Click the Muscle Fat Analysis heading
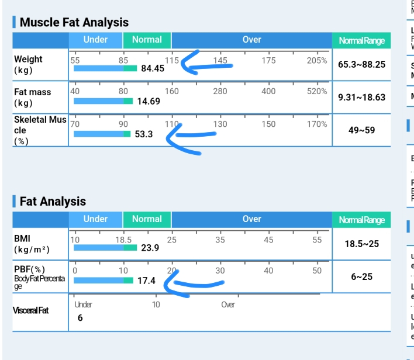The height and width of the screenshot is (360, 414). click(74, 23)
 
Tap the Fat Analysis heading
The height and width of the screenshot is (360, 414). click(53, 202)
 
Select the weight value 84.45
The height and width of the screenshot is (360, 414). click(153, 68)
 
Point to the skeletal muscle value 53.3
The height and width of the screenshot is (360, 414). click(144, 134)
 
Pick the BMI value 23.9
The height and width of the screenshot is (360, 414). click(150, 248)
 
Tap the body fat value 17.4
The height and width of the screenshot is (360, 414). click(146, 281)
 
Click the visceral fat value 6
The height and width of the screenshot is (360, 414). click(80, 318)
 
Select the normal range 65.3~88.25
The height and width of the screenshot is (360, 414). click(361, 64)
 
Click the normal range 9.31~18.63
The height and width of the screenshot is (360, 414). click(361, 97)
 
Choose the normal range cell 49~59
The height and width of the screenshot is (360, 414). click(361, 130)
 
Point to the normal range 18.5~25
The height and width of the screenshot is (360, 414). click(361, 244)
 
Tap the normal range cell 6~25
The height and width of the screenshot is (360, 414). click(361, 276)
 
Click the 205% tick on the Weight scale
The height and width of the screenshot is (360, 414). click(317, 60)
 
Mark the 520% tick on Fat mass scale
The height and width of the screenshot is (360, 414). click(317, 92)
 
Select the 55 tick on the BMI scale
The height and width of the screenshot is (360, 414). click(317, 240)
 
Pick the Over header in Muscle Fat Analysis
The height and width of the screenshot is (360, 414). click(251, 40)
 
